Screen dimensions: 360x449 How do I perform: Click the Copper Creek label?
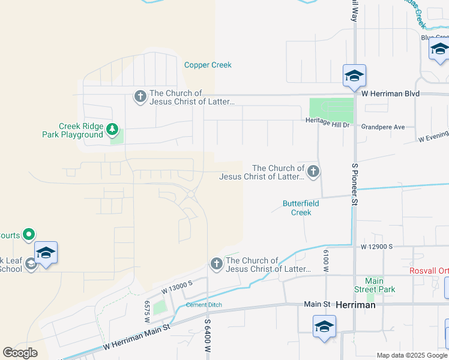pyautogui.click(x=208, y=65)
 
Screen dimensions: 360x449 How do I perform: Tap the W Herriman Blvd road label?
pyautogui.click(x=390, y=94)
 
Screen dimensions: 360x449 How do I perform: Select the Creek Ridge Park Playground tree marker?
pyautogui.click(x=112, y=129)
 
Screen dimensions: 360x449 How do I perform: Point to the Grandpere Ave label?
pyautogui.click(x=383, y=127)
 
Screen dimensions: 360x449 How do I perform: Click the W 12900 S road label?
pyautogui.click(x=376, y=247)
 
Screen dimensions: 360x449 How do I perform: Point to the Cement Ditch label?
pyautogui.click(x=203, y=305)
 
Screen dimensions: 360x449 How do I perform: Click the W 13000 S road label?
pyautogui.click(x=176, y=287)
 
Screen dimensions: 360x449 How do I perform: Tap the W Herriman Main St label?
pyautogui.click(x=137, y=336)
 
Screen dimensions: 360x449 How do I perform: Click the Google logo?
pyautogui.click(x=20, y=353)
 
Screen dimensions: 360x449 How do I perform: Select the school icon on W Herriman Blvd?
pyautogui.click(x=354, y=76)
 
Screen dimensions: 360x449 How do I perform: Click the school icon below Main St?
pyautogui.click(x=324, y=327)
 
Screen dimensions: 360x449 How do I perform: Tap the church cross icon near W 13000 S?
pyautogui.click(x=217, y=263)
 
